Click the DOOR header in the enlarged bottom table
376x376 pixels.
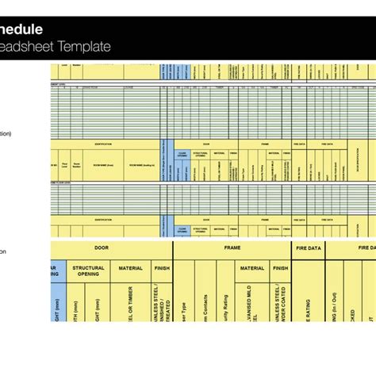coord(102,248)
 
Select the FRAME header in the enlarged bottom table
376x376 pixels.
coord(232,248)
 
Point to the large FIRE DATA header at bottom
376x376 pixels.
coord(308,248)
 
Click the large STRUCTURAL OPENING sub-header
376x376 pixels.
coord(88,272)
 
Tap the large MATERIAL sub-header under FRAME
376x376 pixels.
coord(252,269)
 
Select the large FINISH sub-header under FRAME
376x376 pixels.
coord(281,269)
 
